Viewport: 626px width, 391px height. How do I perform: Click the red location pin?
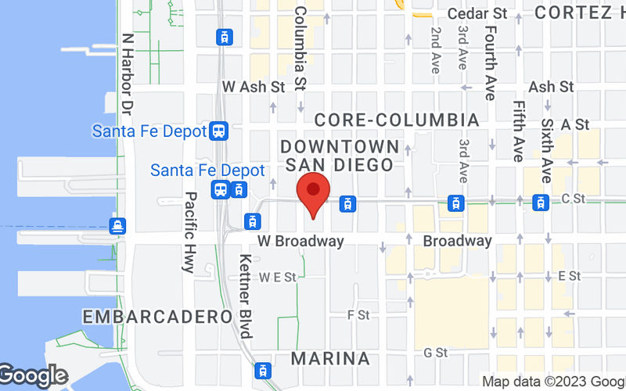pyautogui.click(x=313, y=192)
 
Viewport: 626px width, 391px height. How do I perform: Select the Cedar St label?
pyautogui.click(x=477, y=13)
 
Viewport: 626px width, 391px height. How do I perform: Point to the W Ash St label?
pyautogui.click(x=254, y=87)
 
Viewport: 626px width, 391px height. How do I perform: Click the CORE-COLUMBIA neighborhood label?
pyautogui.click(x=396, y=120)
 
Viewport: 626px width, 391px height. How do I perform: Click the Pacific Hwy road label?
pyautogui.click(x=189, y=232)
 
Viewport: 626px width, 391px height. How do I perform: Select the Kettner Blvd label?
pyautogui.click(x=245, y=296)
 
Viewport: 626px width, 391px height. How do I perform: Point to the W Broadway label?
pyautogui.click(x=299, y=241)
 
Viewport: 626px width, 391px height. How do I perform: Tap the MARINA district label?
pyautogui.click(x=329, y=359)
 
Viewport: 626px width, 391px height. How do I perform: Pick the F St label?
pyautogui.click(x=358, y=314)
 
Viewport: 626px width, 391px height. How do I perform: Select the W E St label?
pyautogui.click(x=279, y=277)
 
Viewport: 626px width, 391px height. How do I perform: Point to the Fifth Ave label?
pyautogui.click(x=518, y=131)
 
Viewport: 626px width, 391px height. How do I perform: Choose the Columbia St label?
pyautogui.click(x=300, y=47)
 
